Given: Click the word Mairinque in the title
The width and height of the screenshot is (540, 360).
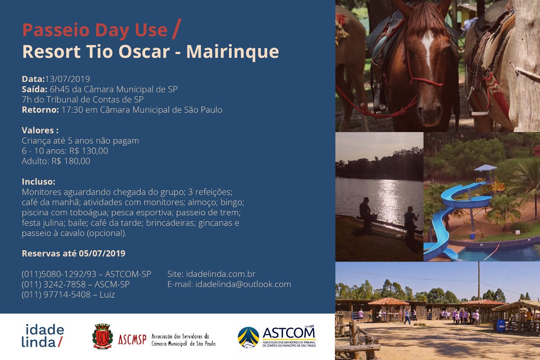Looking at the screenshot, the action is (x=232, y=52).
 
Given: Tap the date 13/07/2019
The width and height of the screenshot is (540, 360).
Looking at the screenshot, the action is (x=67, y=79).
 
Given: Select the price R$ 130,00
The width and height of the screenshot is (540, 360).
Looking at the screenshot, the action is (x=89, y=151).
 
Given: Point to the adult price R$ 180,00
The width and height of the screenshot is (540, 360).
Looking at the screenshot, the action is (x=71, y=161).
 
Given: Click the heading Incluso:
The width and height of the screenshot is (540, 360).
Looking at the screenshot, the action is (x=38, y=181).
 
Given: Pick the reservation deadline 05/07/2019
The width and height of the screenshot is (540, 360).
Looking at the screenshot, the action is (x=102, y=253).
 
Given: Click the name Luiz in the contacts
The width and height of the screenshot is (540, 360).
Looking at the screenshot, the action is (x=107, y=295).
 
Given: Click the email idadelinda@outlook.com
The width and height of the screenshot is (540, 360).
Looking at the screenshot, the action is (x=243, y=284).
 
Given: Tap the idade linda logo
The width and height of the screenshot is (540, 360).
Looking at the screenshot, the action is (x=43, y=336).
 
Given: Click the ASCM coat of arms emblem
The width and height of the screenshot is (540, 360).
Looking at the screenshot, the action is (x=103, y=336).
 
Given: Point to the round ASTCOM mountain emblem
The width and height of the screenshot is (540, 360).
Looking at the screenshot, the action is (x=248, y=337).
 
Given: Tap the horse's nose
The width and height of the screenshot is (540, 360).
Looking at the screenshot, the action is (x=429, y=114).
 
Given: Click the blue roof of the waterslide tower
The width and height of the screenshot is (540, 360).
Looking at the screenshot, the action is (x=485, y=168).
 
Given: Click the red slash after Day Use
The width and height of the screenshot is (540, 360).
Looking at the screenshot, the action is (x=177, y=29).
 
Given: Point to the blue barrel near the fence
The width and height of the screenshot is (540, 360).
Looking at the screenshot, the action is (x=501, y=326).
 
